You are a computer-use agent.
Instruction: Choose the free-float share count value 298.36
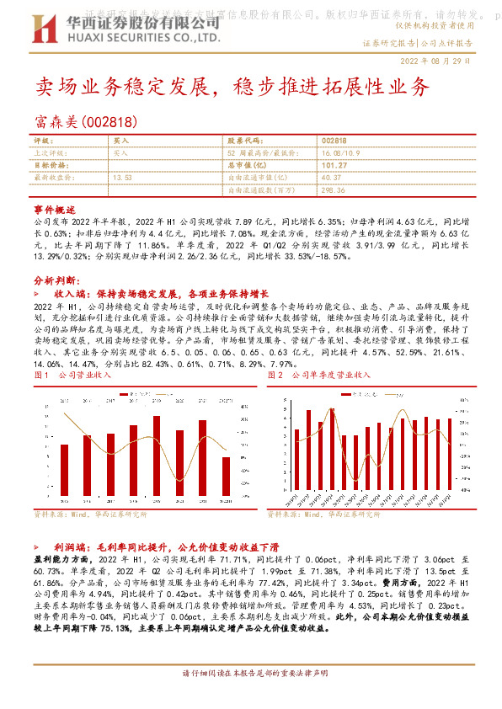pos(334,190)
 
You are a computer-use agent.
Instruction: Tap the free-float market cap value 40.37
pos(331,178)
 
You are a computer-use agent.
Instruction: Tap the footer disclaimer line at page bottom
pos(250,696)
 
